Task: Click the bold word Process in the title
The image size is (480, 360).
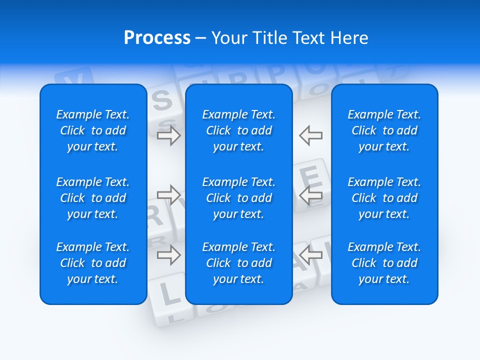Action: pos(157,38)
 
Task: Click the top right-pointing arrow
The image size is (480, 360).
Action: pos(168,135)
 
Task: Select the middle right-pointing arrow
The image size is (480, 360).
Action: pos(168,194)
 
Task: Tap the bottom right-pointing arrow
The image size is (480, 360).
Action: pos(168,255)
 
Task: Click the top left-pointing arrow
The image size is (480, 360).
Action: pos(310,135)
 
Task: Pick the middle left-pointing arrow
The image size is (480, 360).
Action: pos(310,194)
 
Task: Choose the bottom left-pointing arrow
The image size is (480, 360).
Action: pos(310,255)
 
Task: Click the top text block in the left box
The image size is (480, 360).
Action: pos(93,130)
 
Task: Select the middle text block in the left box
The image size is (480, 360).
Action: pos(93,198)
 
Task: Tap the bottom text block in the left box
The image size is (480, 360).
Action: pos(93,263)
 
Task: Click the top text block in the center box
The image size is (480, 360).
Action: pos(238,130)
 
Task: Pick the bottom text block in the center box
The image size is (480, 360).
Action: pos(238,263)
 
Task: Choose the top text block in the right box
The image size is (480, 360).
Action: pos(384,130)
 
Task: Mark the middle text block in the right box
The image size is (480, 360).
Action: pos(384,198)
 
